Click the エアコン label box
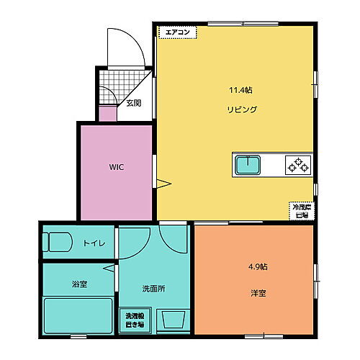177,32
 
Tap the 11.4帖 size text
240,91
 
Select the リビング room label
240,109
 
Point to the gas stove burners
298,165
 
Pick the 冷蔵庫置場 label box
300,210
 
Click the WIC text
117,167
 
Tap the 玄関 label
134,103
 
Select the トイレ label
94,243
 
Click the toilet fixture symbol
56,242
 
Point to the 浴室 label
79,284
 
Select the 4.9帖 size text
258,266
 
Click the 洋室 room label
258,293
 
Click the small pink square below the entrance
107,114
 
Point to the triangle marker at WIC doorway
163,185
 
